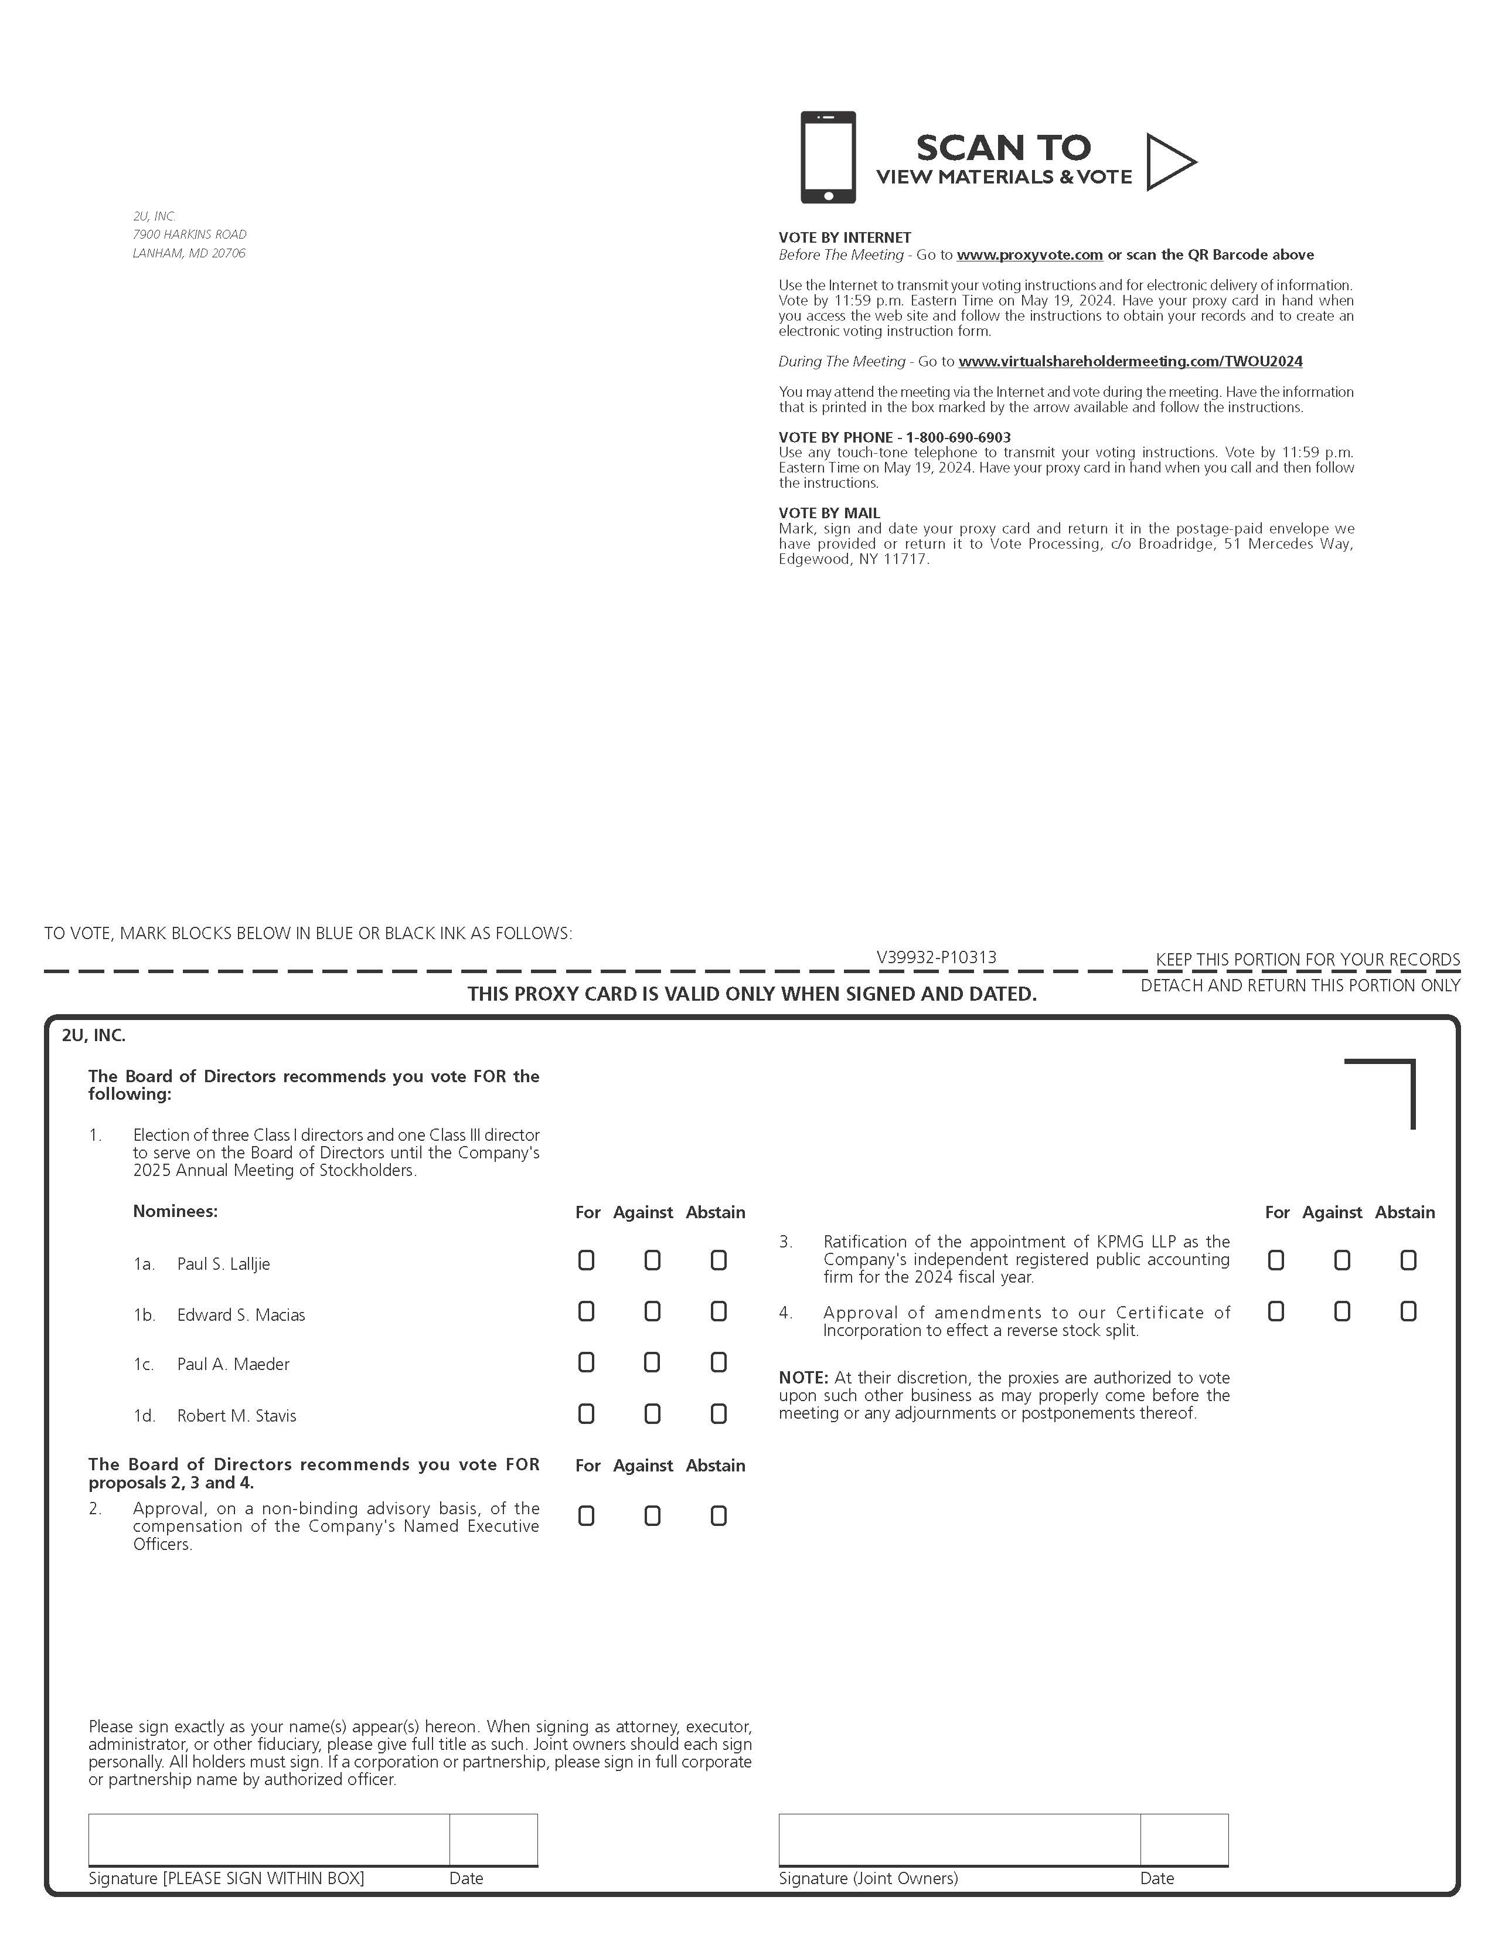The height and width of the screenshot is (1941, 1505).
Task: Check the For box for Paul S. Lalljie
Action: coord(587,1260)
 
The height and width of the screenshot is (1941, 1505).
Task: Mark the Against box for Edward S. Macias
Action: coord(652,1312)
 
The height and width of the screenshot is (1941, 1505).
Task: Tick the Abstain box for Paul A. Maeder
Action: coord(719,1362)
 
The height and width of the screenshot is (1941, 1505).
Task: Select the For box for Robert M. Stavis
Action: coord(587,1414)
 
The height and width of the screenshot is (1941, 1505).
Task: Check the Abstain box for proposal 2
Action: coord(719,1516)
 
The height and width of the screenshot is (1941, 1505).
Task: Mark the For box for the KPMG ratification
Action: coord(1276,1260)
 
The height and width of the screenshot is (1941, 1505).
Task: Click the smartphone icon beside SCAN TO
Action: coord(828,157)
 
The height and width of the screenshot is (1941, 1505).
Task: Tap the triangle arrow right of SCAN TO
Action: coord(1169,162)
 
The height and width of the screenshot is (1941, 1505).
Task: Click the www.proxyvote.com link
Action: coord(1030,255)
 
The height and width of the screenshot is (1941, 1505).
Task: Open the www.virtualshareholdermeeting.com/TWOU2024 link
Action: coord(1130,362)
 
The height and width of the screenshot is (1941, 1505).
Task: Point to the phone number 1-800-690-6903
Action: coord(958,437)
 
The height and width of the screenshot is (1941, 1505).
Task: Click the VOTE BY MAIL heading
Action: coord(829,513)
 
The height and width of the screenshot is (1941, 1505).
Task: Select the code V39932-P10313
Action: coord(937,957)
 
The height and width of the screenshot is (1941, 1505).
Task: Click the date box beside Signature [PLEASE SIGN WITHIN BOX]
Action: coord(493,1839)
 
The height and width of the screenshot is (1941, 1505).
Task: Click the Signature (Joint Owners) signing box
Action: coord(959,1839)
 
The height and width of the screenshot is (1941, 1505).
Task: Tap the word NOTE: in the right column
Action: coord(803,1378)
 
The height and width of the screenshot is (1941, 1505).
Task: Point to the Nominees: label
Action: coord(175,1211)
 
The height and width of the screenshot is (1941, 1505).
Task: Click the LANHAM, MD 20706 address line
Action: coord(189,253)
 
